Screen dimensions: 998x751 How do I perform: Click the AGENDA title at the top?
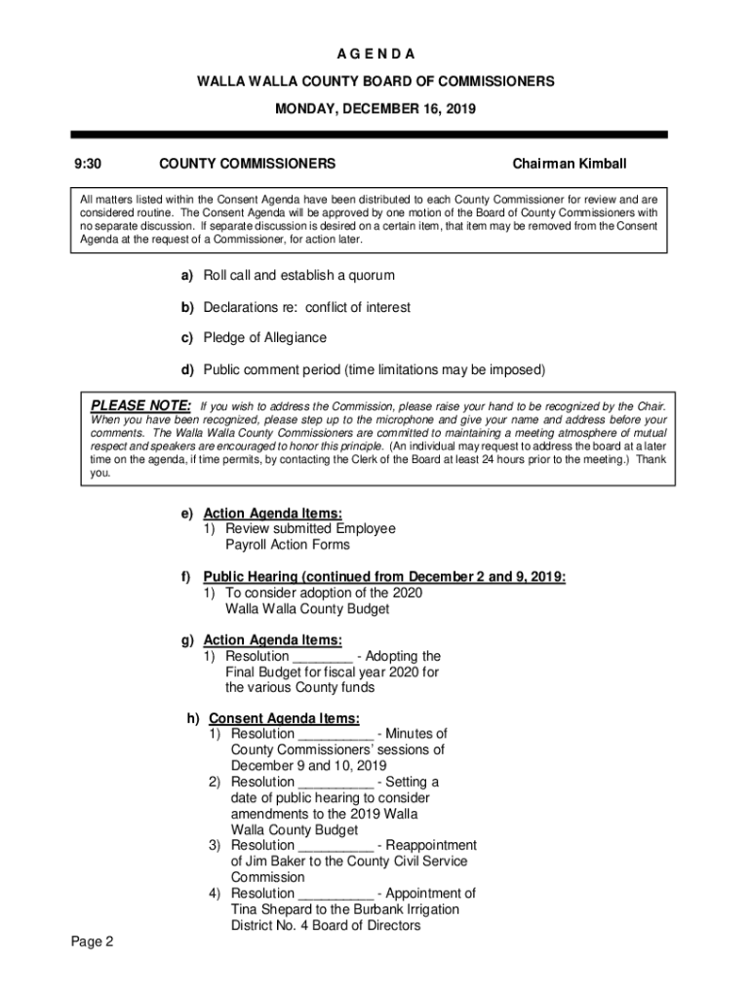click(x=375, y=53)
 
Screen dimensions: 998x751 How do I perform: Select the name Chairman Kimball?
click(x=570, y=164)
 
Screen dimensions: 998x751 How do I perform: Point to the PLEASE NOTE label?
click(x=140, y=405)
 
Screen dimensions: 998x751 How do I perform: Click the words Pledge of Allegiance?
click(x=265, y=337)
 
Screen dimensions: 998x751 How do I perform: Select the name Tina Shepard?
click(x=271, y=909)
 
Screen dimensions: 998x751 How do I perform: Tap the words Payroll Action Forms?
click(x=288, y=545)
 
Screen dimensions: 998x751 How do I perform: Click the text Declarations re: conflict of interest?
click(x=306, y=307)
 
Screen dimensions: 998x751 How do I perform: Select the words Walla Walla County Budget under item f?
click(x=307, y=609)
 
